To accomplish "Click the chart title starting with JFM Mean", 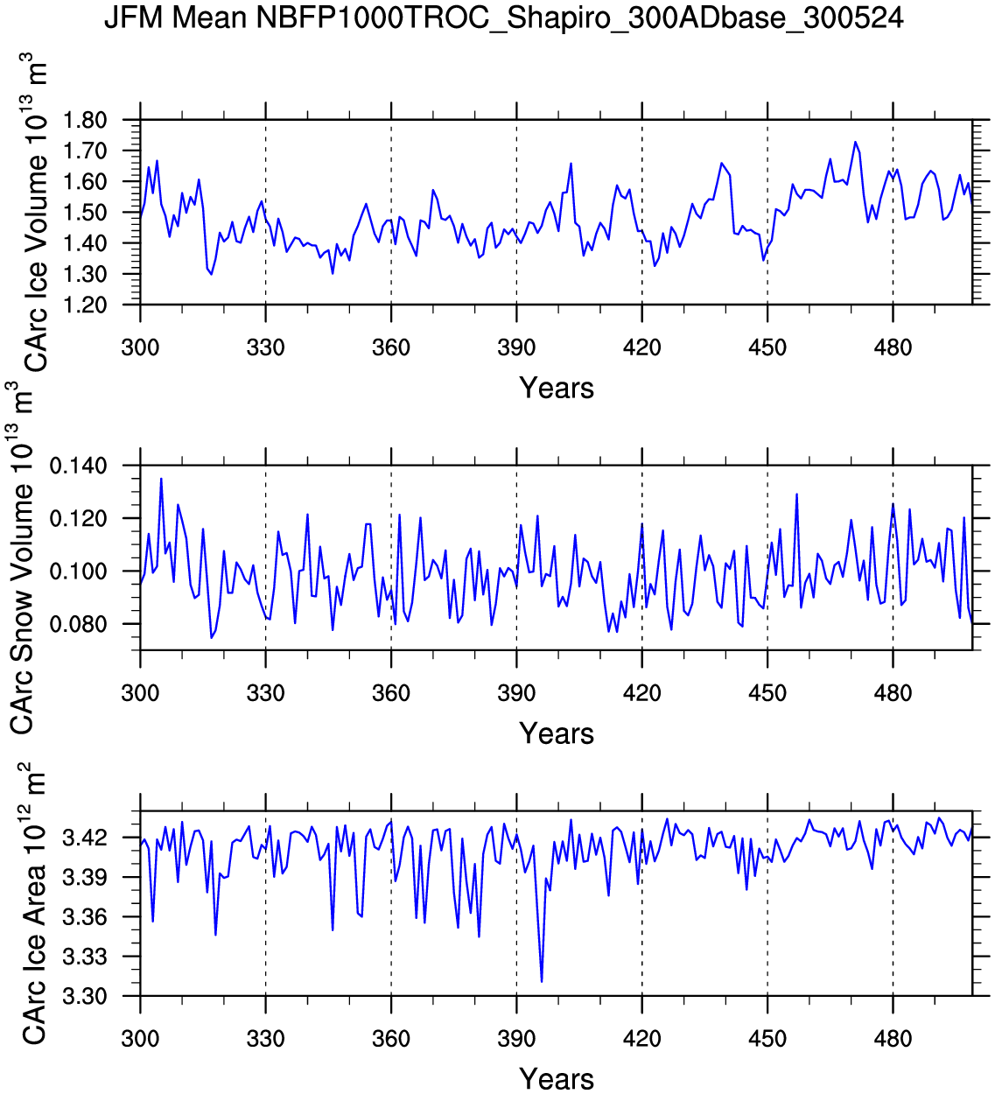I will click(x=503, y=18).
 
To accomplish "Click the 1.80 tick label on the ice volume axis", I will click(x=84, y=120).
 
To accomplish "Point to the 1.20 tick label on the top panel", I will click(x=84, y=305).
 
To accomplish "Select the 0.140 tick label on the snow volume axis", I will click(x=78, y=466).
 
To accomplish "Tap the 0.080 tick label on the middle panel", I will click(x=78, y=624).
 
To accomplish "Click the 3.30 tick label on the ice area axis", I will click(x=84, y=996).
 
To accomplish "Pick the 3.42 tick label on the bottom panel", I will click(x=84, y=838).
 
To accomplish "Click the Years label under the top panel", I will click(x=557, y=388).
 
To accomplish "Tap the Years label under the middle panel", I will click(x=557, y=733).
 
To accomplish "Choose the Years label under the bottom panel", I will click(x=557, y=1078).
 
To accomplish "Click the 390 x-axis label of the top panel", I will click(x=516, y=347).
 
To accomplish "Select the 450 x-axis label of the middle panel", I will click(x=767, y=693).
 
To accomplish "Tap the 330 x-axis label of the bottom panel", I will click(x=265, y=1039).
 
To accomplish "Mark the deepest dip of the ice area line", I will click(x=542, y=982).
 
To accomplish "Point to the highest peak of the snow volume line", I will click(x=161, y=479).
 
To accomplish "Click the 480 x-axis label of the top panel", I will click(x=893, y=347).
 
